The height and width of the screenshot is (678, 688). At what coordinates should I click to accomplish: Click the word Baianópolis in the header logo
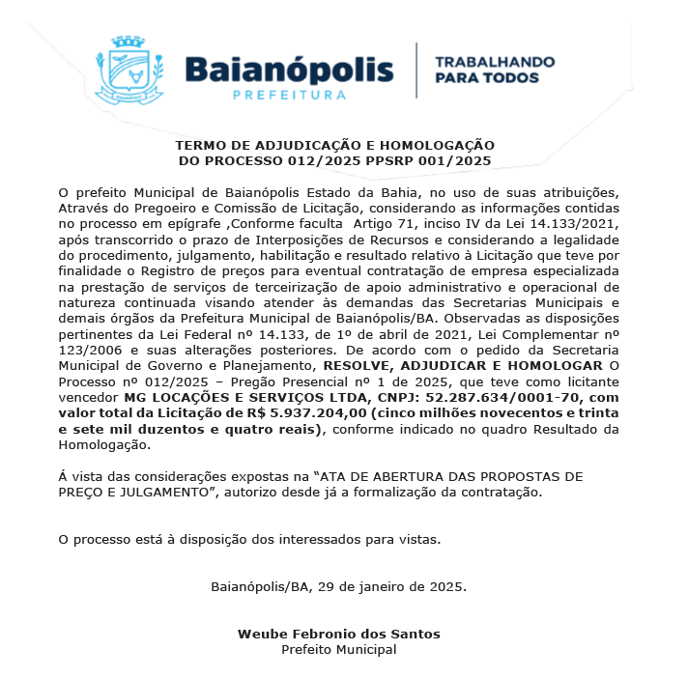(289, 70)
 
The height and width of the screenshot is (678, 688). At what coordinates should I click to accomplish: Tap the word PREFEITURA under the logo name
(289, 95)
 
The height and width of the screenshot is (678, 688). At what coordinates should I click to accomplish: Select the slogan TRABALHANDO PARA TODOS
(495, 69)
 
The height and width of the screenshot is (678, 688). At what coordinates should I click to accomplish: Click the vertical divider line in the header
(416, 70)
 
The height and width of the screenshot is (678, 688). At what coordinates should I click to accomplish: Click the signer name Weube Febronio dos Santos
(338, 634)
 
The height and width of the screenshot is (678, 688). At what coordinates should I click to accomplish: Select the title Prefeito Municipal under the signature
(338, 649)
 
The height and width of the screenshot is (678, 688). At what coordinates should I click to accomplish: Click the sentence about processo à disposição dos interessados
(249, 539)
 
